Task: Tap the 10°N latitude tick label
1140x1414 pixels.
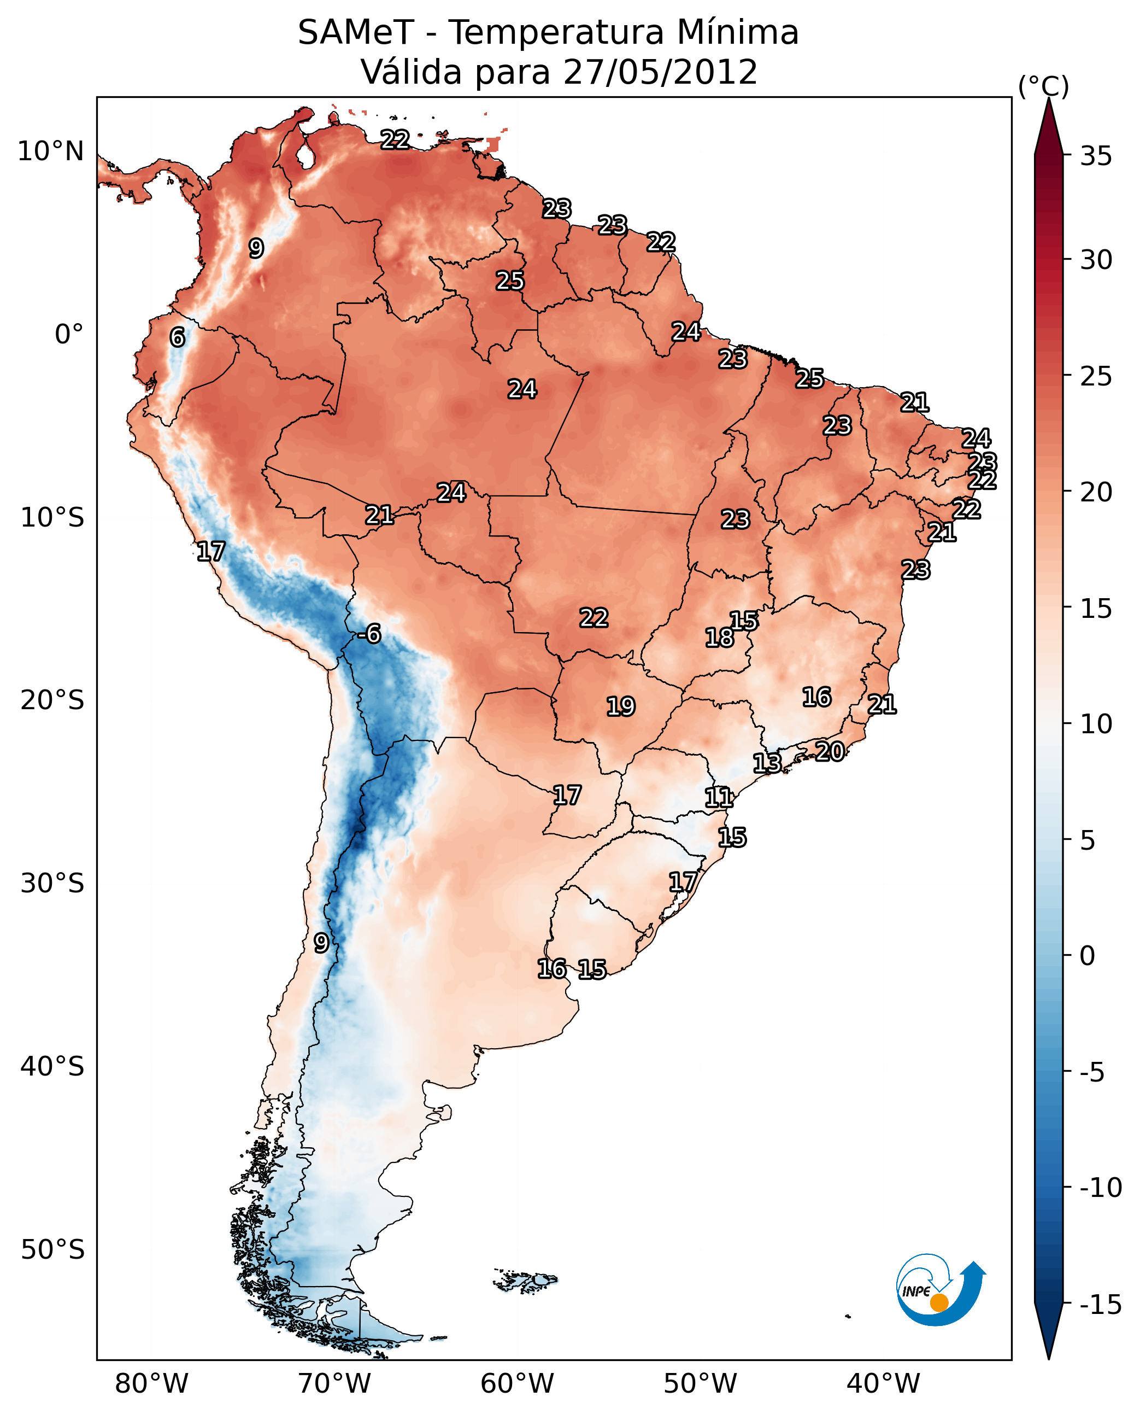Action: coord(51,152)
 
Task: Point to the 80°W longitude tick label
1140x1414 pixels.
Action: coord(152,1383)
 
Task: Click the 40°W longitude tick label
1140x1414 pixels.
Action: coord(883,1383)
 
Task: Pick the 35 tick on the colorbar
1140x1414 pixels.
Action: coord(1096,156)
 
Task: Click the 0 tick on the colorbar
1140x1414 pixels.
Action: coord(1088,956)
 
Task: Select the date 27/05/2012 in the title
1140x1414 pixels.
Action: coord(660,72)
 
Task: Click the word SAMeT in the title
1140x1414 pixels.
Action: coord(355,33)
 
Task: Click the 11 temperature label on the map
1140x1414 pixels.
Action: coord(719,798)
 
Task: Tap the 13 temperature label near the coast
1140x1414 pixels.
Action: coord(767,763)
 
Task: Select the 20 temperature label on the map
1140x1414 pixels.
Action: coord(830,751)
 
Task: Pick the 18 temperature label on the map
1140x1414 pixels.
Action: coord(720,638)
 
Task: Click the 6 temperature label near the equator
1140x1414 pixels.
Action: coord(177,337)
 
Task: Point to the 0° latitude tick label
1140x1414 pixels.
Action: coord(69,335)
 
